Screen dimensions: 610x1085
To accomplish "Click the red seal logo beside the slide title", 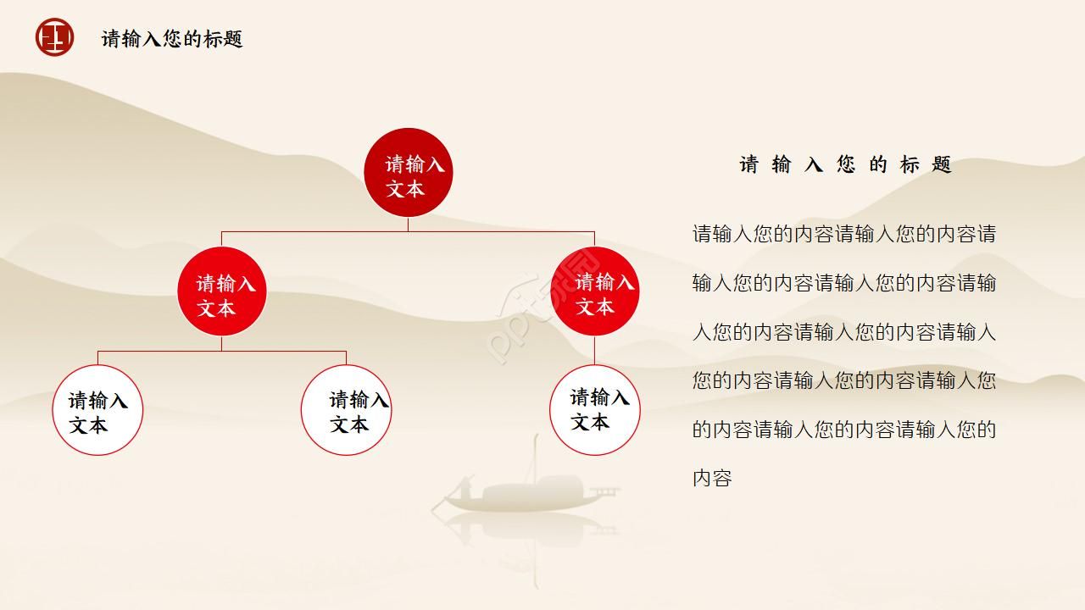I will (x=54, y=38).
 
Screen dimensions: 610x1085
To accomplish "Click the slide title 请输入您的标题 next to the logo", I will (x=172, y=39).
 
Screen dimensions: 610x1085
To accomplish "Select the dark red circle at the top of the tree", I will (x=408, y=172).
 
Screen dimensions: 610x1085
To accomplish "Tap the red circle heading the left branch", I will (x=221, y=291).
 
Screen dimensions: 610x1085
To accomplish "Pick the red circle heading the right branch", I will (x=594, y=291).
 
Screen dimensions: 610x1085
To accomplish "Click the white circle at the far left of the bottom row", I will (x=97, y=410).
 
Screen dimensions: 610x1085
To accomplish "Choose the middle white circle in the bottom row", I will (x=346, y=410).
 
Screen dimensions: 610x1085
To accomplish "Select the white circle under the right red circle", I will (x=594, y=410).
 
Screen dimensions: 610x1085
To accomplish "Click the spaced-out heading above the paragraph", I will (x=845, y=164).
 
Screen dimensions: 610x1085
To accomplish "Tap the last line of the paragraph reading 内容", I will (x=712, y=478).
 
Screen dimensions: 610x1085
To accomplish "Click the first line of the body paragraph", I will (x=844, y=234).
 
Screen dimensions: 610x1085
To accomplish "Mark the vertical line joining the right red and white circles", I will (x=594, y=351).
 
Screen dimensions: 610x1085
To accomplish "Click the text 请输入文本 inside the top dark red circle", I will (x=415, y=175).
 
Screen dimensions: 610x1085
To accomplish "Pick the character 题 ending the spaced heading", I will (x=941, y=164).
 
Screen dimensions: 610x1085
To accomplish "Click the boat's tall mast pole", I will (x=536, y=457).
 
